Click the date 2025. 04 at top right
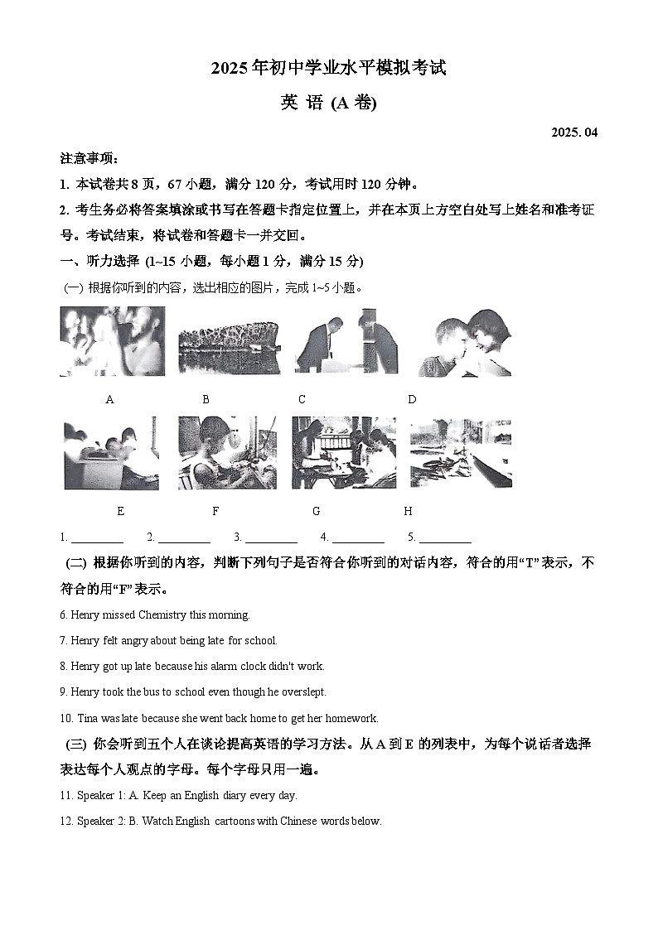(x=573, y=133)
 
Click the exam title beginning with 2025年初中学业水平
(x=329, y=69)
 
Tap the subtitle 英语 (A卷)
(x=329, y=104)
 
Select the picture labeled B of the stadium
(x=218, y=341)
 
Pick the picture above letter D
(x=464, y=341)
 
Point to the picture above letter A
(x=112, y=341)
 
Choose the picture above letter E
(x=112, y=453)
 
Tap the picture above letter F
(x=227, y=453)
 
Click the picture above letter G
(x=343, y=453)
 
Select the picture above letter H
(x=461, y=453)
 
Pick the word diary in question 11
(x=236, y=795)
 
